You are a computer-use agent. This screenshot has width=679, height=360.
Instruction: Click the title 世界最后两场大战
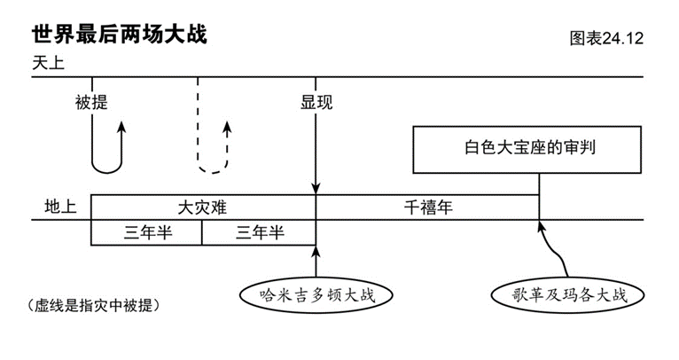click(120, 35)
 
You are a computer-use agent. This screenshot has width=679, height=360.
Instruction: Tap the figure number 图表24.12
click(605, 39)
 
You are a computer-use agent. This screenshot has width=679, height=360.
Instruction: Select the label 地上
click(60, 207)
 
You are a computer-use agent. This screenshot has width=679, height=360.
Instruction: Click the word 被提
click(91, 102)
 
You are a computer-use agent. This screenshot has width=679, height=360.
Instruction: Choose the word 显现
click(316, 102)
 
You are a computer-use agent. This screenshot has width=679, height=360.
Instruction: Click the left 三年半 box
click(146, 232)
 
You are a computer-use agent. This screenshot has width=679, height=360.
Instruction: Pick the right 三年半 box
click(259, 232)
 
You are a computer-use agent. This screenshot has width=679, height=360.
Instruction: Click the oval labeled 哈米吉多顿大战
click(316, 294)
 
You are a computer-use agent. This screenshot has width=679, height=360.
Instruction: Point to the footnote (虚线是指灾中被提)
click(94, 305)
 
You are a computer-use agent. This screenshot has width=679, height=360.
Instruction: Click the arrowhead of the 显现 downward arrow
click(316, 189)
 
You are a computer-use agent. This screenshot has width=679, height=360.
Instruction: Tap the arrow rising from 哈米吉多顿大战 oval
click(316, 261)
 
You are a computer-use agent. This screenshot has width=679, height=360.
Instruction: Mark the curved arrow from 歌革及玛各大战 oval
click(554, 253)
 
